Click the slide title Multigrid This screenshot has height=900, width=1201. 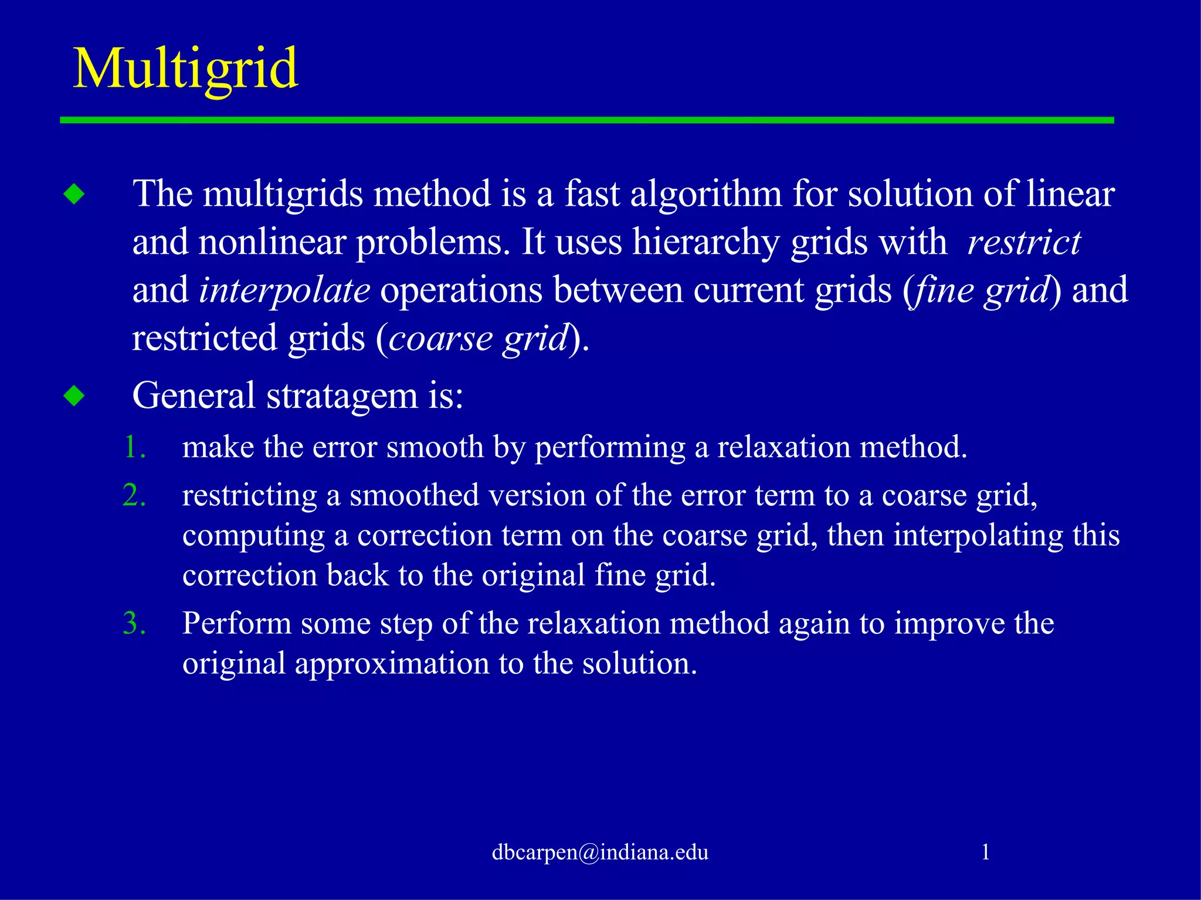tap(185, 69)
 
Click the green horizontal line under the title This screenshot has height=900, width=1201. tap(586, 120)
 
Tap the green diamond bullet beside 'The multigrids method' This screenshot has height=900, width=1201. tap(74, 194)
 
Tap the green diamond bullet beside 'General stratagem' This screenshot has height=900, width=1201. tap(74, 396)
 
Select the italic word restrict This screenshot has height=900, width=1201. tap(1023, 242)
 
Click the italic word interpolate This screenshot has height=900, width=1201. tap(284, 291)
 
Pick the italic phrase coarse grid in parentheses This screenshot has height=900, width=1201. tap(478, 339)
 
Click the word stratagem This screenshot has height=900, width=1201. tap(342, 396)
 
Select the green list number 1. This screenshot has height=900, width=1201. tap(134, 447)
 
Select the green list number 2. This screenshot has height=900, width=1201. tap(134, 495)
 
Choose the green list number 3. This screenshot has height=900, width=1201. tap(134, 623)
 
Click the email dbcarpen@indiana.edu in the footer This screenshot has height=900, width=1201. tap(600, 852)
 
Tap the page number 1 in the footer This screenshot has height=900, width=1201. tap(985, 851)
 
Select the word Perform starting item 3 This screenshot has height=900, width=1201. tap(237, 623)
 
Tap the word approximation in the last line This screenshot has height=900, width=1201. tap(392, 663)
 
